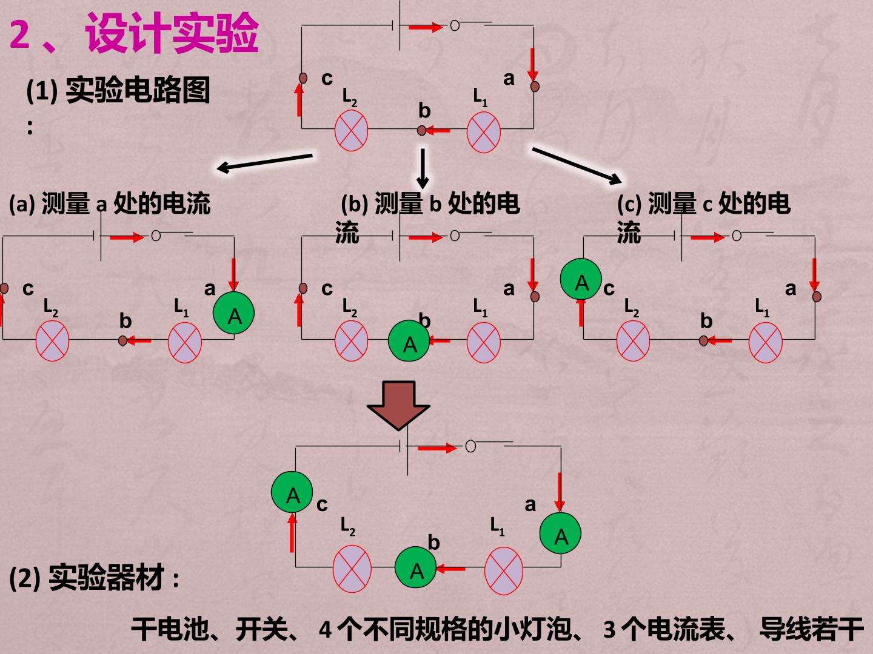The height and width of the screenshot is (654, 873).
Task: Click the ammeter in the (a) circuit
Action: coord(233,312)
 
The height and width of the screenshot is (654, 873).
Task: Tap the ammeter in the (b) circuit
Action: coord(409,341)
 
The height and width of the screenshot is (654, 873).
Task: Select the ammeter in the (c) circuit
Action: coord(581,279)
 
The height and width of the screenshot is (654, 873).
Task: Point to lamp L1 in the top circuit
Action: coord(483,132)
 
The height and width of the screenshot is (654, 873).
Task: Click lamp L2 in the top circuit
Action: coord(351,131)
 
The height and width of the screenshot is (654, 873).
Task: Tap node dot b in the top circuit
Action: coord(421,130)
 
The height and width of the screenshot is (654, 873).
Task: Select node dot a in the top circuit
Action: coord(535,86)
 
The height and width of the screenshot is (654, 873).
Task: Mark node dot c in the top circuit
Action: coord(303,78)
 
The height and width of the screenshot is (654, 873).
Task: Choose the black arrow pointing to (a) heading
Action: coord(264,162)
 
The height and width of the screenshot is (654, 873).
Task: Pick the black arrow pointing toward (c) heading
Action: coord(577,165)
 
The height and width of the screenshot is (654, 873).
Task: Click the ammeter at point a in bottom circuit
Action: coord(560,533)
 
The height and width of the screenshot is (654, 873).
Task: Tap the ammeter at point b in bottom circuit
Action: coord(416,567)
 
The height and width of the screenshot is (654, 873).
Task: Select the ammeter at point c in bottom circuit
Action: coord(292,492)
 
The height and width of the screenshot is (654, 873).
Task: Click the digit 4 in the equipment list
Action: coord(326,629)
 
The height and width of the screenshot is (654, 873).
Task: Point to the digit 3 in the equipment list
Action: coord(610,629)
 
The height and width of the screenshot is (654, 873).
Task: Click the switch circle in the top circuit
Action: coord(455,26)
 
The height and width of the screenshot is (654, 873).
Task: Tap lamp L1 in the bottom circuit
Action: coord(504,570)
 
